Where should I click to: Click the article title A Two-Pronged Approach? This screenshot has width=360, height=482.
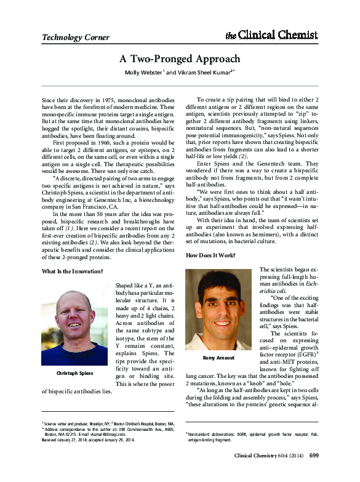[180, 59]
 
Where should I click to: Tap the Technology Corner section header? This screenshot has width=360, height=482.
[74, 38]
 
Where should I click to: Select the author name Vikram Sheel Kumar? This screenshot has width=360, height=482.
[200, 72]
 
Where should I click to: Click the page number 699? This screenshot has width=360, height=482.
[313, 456]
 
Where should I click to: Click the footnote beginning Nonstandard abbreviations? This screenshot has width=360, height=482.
[252, 434]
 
